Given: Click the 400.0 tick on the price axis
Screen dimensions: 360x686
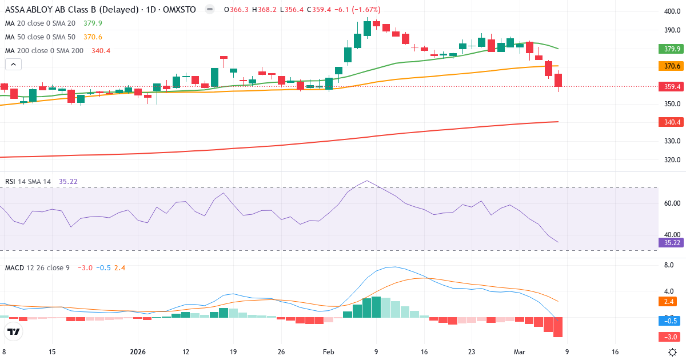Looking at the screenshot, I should click(672, 11).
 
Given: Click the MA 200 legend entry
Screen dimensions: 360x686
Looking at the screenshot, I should click(45, 51).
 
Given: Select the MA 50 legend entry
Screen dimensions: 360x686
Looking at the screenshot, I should click(40, 37).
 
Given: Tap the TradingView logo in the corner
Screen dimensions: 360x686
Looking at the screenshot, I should click(14, 331).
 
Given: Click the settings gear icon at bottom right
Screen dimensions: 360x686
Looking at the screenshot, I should click(673, 352).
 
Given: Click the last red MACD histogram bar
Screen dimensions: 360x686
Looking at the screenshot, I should click(558, 327).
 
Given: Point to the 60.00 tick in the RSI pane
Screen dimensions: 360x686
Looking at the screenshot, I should click(672, 203).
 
